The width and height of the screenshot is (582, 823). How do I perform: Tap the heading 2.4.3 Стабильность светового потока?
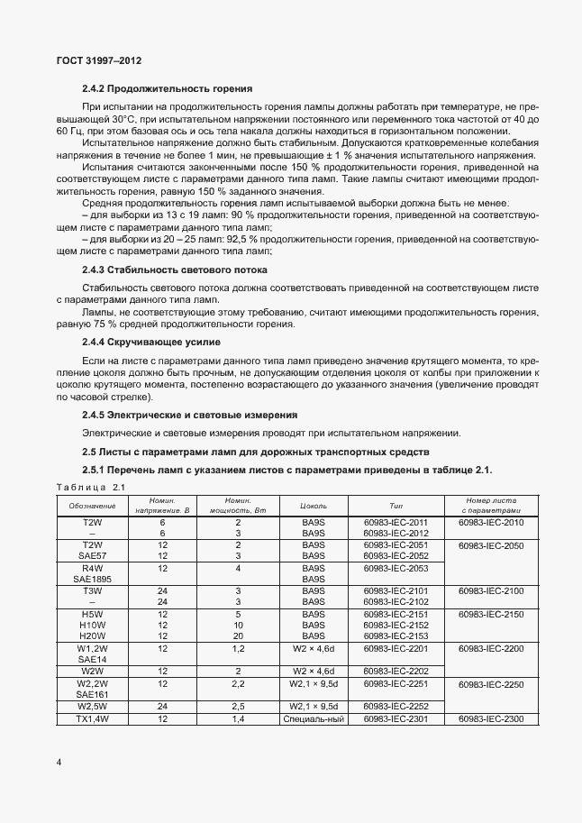point(179,270)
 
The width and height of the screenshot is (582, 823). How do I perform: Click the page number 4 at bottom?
point(59,763)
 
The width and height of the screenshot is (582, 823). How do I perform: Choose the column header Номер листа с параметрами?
point(490,506)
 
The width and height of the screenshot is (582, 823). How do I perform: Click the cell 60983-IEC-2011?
point(396,522)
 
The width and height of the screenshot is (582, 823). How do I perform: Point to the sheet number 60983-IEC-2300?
point(490,718)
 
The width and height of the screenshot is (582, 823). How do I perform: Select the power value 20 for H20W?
point(238,636)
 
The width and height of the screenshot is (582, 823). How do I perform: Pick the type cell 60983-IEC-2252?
point(396,707)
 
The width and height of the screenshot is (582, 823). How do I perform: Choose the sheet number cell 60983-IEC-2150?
point(490,613)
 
